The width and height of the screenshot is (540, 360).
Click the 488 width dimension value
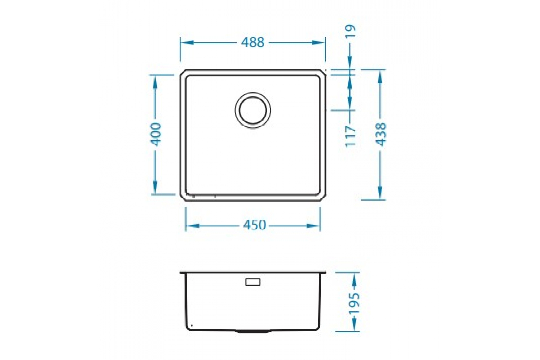tap(252, 43)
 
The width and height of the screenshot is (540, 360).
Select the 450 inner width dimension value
tap(254, 225)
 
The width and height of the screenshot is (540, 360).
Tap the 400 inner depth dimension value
tap(155, 135)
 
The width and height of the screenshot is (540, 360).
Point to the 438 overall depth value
tap(381, 135)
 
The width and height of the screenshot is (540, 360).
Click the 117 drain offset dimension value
tap(350, 136)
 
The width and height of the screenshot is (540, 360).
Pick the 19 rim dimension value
tap(350, 31)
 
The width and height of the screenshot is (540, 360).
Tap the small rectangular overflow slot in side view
tap(252, 282)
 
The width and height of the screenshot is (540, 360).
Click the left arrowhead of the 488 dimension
tap(187, 43)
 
